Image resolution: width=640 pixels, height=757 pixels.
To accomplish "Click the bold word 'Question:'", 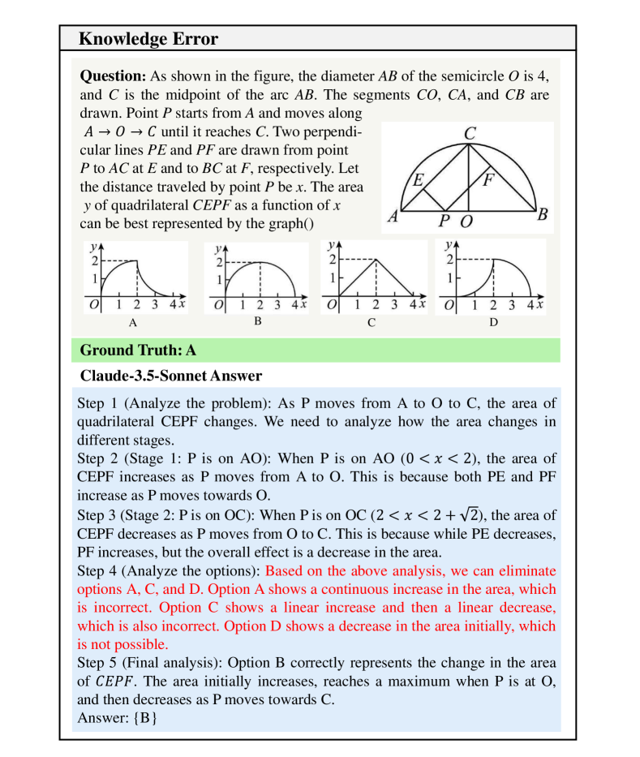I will (113, 76).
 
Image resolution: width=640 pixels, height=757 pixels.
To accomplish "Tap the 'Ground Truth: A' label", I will (138, 351).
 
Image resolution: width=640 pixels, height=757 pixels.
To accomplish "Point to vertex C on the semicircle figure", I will (469, 132).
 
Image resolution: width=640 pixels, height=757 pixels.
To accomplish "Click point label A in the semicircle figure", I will (393, 217).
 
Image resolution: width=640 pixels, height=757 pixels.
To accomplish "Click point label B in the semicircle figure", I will (543, 215).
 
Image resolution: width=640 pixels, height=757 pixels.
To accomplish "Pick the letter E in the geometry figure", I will (418, 180).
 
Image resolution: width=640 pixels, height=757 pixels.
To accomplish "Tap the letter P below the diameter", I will (444, 220).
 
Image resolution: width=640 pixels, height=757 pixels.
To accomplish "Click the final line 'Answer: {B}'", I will (117, 718).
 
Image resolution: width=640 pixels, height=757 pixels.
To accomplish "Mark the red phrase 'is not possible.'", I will (122, 644).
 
